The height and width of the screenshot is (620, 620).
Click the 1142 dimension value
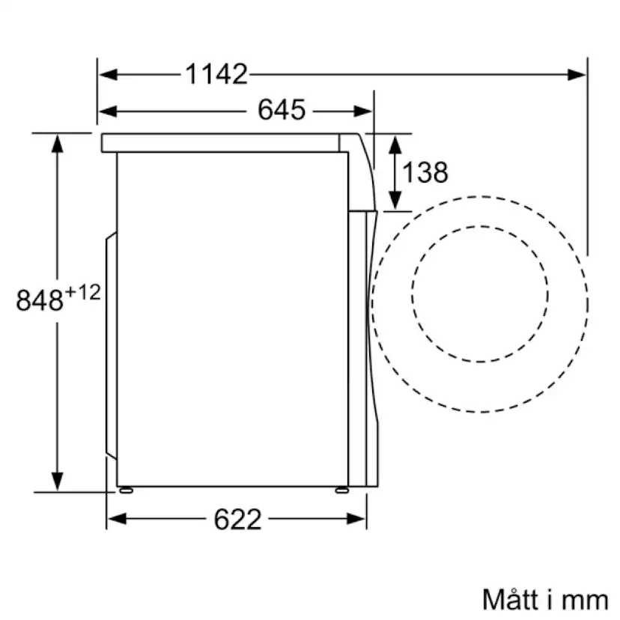point(216,73)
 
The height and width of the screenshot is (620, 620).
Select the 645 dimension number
point(282,111)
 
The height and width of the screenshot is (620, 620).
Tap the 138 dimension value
point(425,172)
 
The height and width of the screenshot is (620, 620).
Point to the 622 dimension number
point(238,519)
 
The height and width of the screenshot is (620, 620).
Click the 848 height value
point(40,301)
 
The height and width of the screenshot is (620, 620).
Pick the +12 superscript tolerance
point(82,292)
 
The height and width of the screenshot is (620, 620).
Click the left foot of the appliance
point(124,490)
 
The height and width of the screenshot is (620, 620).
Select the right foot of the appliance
point(341,490)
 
